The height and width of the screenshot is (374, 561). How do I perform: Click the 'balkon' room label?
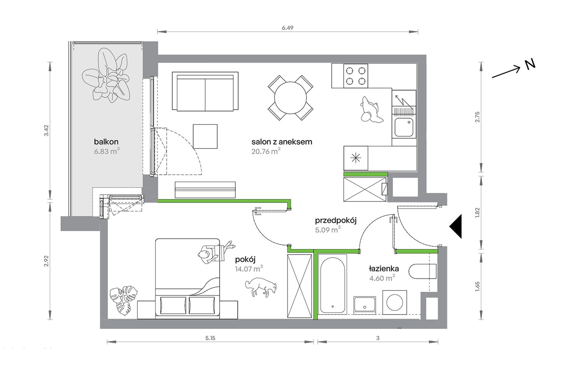[x=106, y=142]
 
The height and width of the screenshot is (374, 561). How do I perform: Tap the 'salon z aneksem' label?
[x=282, y=142]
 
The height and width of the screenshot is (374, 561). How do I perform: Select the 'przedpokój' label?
[x=336, y=220]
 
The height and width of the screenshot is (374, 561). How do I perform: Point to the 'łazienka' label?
[x=384, y=269]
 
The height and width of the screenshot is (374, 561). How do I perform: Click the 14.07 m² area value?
[x=249, y=269]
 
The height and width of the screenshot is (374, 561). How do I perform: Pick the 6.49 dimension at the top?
[x=288, y=28]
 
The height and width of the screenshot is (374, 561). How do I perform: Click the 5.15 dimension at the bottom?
[x=210, y=338]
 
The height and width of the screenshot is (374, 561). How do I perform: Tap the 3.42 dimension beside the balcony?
[x=46, y=131]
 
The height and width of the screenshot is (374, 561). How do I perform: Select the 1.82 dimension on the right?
[x=477, y=213]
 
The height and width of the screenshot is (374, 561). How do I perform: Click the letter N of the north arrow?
[x=530, y=65]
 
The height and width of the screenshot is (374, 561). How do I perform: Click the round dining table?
[x=291, y=98]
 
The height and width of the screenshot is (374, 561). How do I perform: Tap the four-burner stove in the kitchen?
[x=356, y=76]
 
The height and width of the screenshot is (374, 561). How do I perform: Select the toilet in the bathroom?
[x=423, y=271]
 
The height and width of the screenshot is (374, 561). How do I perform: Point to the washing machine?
[x=395, y=303]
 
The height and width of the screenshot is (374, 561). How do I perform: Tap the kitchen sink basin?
[x=404, y=127]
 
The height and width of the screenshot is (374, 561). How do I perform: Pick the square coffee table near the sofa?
[x=205, y=136]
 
